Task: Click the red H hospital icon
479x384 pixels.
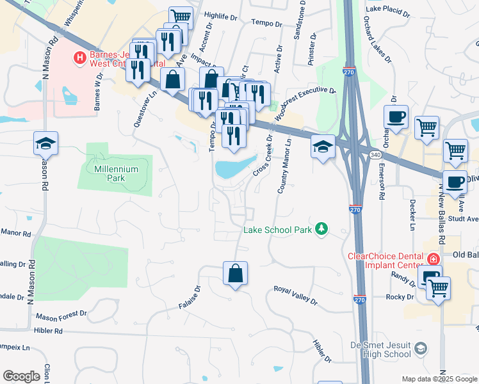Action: [80, 58]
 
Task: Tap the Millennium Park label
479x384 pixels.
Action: [116, 169]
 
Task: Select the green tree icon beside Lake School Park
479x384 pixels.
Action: [321, 229]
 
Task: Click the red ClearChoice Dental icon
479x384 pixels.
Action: [434, 259]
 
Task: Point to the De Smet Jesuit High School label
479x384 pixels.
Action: [381, 349]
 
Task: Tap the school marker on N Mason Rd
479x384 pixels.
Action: [46, 143]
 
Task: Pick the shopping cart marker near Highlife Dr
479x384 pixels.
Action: [181, 17]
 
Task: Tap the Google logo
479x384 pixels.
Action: [21, 376]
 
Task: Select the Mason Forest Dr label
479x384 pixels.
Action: [61, 315]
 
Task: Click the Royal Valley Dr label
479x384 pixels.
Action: [295, 294]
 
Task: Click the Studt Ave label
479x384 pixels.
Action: [464, 218]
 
